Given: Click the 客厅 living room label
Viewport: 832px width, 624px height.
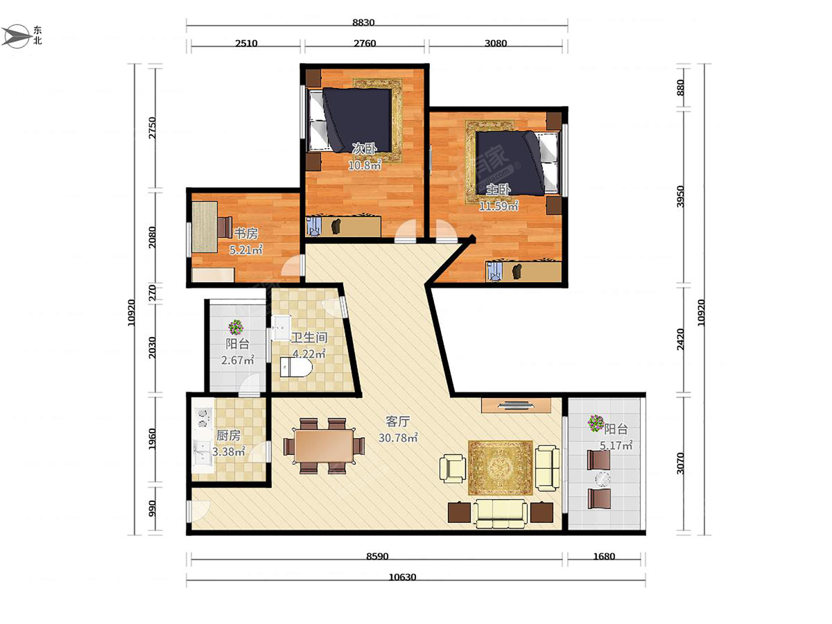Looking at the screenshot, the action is [x=397, y=421].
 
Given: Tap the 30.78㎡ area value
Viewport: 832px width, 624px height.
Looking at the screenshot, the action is [x=398, y=437].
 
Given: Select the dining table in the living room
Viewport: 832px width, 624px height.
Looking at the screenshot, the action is [x=324, y=446].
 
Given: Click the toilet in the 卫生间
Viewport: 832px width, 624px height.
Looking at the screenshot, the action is [x=296, y=367].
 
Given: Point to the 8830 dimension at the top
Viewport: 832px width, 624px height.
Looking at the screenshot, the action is [x=363, y=22].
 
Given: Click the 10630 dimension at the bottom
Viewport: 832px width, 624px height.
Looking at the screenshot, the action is [x=403, y=578].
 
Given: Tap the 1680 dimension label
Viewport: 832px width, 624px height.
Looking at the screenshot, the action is [x=604, y=557].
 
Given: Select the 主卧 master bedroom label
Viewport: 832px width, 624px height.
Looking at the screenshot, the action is [x=498, y=189].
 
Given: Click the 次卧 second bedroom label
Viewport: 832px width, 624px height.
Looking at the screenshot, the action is [x=364, y=148].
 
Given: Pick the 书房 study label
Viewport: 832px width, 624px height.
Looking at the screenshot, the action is [x=245, y=234].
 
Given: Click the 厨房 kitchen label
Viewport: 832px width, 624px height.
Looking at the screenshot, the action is [x=228, y=435].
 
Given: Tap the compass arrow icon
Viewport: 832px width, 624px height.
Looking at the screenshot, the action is [x=17, y=36].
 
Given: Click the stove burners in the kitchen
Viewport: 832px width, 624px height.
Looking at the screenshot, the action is [x=202, y=418].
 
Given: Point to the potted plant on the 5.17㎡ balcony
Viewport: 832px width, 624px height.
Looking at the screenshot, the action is [x=596, y=423].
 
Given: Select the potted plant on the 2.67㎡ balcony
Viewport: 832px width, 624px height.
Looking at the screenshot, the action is [x=236, y=327].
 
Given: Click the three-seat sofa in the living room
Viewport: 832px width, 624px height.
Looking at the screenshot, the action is [x=501, y=514].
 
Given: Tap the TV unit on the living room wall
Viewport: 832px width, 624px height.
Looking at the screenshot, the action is [x=516, y=406].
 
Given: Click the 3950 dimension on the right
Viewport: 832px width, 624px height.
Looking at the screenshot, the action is [x=681, y=196].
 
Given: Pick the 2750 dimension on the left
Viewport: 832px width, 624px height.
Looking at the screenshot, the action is [x=152, y=128].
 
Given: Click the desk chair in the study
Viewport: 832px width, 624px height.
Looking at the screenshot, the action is [x=225, y=227].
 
